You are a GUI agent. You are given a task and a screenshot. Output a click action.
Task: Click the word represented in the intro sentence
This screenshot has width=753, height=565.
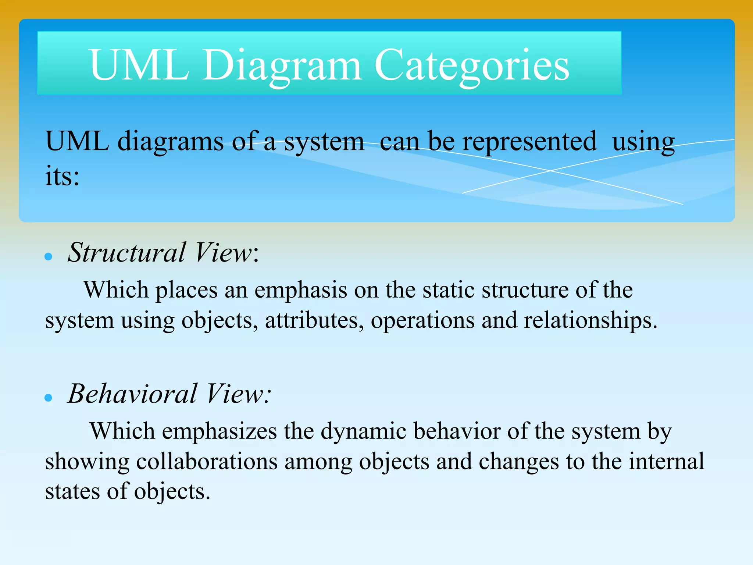coord(529,141)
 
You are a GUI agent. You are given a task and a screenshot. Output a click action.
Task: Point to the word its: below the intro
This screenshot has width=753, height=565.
coord(62,176)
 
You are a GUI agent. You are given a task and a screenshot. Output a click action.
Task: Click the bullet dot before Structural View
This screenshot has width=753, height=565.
coord(48,256)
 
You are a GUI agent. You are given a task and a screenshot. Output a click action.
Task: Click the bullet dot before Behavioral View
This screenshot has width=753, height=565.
coord(48,398)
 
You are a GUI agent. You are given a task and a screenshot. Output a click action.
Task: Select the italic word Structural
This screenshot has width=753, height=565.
coord(126,253)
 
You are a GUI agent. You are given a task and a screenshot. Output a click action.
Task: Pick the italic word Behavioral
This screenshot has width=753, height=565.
coord(132,394)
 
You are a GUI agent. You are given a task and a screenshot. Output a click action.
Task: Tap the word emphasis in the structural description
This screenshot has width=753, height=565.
coord(300,290)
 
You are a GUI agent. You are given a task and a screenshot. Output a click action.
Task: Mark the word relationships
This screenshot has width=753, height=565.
coord(590,320)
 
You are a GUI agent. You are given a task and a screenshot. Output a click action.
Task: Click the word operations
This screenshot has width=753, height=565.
coord(422,320)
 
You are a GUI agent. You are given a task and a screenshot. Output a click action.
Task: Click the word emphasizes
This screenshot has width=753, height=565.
coord(219,431)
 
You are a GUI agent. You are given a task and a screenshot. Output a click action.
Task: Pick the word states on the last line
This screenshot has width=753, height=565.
coord(72,491)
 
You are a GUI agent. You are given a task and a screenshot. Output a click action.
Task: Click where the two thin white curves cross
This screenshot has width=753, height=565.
coord(550,170)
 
